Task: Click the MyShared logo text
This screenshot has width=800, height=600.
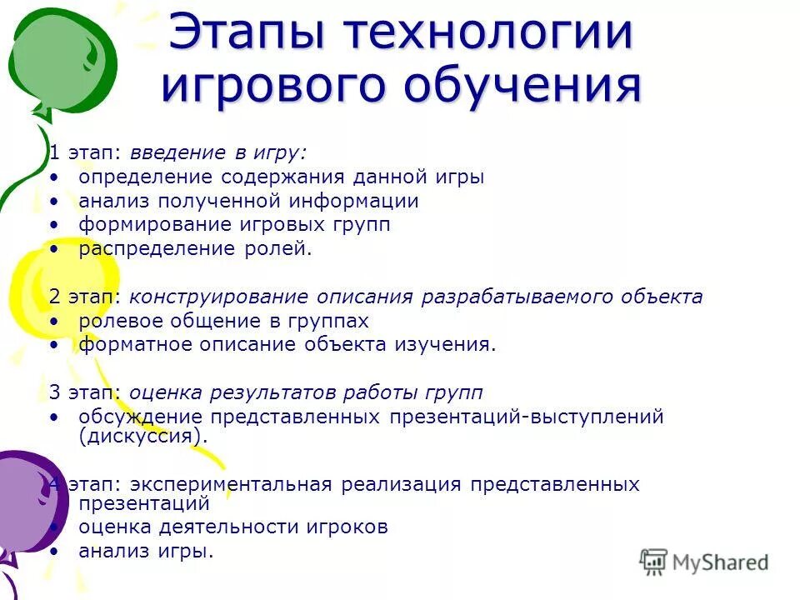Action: [x=720, y=562]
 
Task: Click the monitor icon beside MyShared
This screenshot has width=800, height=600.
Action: [x=654, y=562]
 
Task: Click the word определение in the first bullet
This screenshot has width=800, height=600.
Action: [x=146, y=177]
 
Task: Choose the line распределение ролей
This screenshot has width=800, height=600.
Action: [x=195, y=249]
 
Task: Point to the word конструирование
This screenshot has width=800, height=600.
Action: [x=218, y=297]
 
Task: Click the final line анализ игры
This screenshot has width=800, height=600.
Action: [x=146, y=551]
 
